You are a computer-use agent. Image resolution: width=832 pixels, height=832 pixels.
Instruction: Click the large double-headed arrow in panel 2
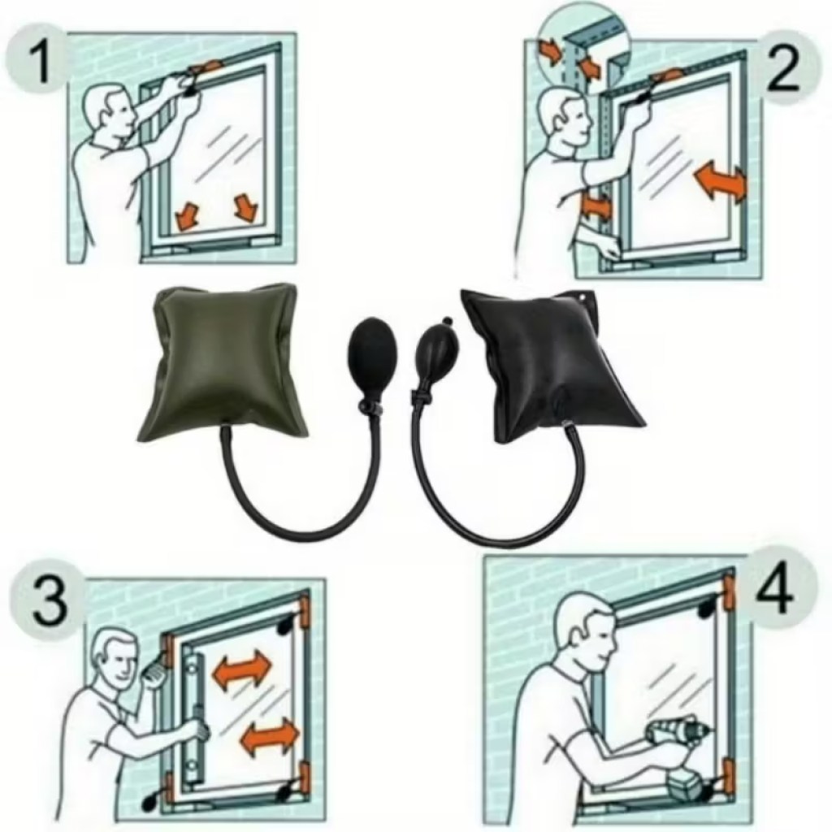(x=720, y=181)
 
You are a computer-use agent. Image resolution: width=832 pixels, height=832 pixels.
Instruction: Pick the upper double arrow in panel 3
(x=241, y=670)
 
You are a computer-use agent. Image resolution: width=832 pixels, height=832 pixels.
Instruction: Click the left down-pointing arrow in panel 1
(x=188, y=214)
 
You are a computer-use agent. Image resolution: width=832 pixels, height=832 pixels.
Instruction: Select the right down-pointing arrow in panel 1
(x=245, y=208)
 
